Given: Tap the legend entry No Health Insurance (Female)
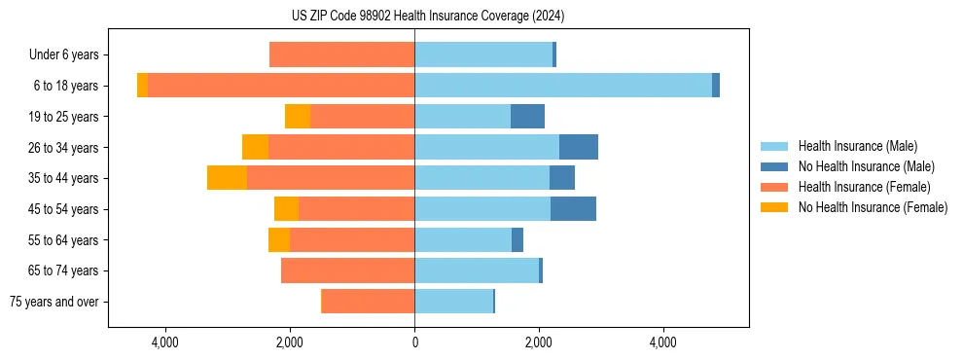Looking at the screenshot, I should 873,207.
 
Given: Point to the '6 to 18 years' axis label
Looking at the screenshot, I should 65,86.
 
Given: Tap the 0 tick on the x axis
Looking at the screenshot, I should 414,343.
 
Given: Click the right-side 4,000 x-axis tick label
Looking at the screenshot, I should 663,343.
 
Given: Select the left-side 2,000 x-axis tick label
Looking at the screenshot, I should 290,343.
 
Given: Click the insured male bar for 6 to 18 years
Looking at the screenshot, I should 563,86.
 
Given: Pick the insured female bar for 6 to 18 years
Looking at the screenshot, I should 281,86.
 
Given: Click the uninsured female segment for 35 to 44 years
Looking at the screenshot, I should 227,178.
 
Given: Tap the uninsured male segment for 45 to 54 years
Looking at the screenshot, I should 573,209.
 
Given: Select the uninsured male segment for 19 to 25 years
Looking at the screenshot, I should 527,117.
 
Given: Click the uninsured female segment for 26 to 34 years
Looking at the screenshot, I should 255,147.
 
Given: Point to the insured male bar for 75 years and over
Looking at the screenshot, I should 454,302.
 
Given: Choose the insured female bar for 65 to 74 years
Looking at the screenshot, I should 347,270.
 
